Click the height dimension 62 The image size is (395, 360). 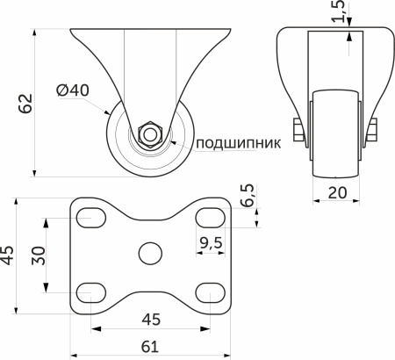click(x=25, y=102)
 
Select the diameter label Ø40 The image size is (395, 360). click(x=73, y=90)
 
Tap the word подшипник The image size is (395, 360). click(x=238, y=143)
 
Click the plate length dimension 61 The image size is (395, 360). click(x=151, y=346)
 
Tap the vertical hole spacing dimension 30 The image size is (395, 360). click(x=38, y=256)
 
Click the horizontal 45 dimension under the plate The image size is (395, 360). click(x=151, y=320)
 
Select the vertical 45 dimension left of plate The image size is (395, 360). click(x=8, y=254)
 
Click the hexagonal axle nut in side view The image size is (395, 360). click(x=150, y=134)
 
